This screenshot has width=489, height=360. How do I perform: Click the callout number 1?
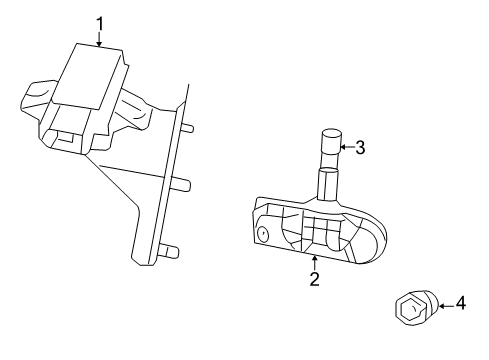point(100,25)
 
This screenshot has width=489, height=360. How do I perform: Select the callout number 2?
point(314,279)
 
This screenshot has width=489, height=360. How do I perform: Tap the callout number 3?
point(360,147)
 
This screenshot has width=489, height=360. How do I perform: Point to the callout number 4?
point(460,303)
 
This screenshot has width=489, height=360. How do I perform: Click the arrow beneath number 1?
point(99,39)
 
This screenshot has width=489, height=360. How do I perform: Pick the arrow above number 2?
point(314,263)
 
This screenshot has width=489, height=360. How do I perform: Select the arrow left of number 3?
point(347,147)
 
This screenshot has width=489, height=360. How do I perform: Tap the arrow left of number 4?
point(446,305)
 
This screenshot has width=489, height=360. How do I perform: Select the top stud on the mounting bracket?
point(187,128)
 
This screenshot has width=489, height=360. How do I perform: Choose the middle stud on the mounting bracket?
point(182,185)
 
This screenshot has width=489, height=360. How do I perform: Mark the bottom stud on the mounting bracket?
point(170,252)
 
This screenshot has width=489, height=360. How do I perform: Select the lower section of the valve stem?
point(328,184)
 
